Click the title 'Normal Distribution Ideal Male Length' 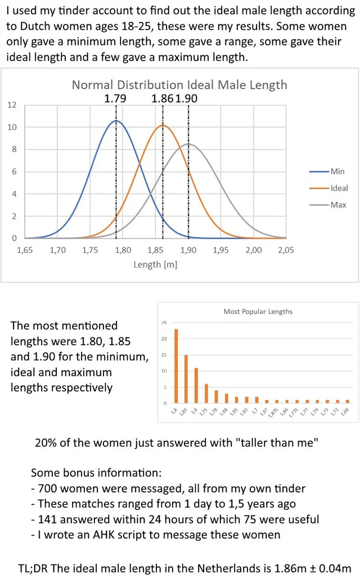coord(179,85)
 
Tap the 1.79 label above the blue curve coord(115,98)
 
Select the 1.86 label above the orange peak coord(163,98)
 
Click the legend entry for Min coord(337,171)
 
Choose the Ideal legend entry coord(339,188)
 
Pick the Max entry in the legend coord(338,205)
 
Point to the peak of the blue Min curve coord(116,121)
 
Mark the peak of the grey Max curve coord(188,144)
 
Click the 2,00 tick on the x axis coord(254,250)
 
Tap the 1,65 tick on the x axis coord(25,250)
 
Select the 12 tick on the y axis coord(12,105)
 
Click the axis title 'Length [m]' coord(155,265)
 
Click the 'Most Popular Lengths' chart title coord(258,311)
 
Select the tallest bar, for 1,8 coord(176,366)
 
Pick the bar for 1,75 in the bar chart coord(206,393)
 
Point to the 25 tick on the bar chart coord(164,323)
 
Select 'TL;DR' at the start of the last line coord(33,568)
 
